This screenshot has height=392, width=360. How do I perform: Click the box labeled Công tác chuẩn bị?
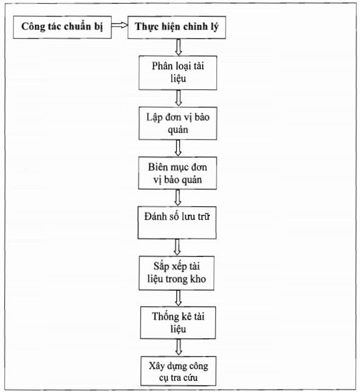(x=62, y=27)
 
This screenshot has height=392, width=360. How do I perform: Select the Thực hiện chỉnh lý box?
(x=176, y=27)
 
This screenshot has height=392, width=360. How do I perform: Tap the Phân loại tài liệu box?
(x=178, y=73)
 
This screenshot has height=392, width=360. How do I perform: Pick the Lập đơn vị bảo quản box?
(x=178, y=123)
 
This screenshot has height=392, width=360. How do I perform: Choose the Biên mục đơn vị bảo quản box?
(x=178, y=173)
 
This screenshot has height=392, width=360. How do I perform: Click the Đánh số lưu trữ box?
(x=177, y=223)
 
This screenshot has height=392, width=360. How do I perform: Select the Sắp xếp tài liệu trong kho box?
(x=176, y=273)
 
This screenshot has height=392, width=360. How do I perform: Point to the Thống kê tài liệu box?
(x=178, y=323)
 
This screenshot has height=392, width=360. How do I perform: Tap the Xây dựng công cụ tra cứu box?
(x=178, y=371)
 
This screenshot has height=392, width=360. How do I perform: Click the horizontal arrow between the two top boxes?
(x=119, y=25)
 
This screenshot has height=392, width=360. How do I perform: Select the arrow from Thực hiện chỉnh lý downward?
(x=178, y=47)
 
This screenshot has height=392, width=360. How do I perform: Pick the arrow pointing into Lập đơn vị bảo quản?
(x=178, y=98)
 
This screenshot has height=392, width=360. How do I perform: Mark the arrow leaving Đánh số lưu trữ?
(x=177, y=247)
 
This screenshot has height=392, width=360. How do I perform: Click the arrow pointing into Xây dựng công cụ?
(x=178, y=348)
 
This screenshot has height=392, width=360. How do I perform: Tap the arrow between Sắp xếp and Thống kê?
(x=178, y=298)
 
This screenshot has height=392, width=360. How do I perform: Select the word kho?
(x=198, y=279)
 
